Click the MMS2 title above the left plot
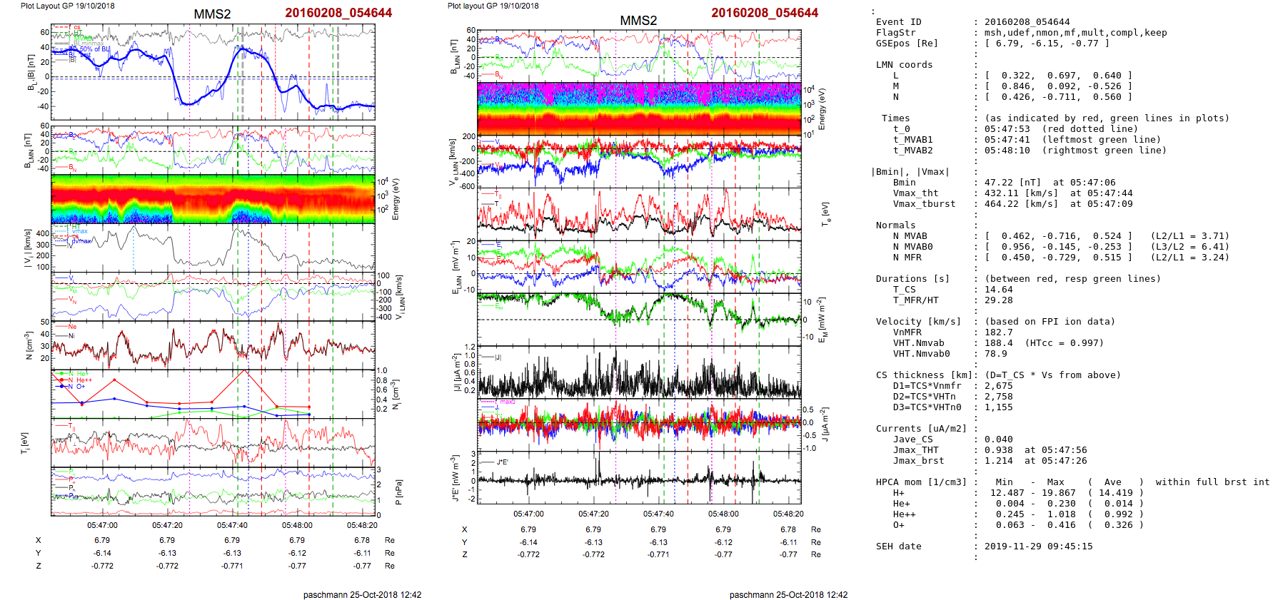tap(212, 14)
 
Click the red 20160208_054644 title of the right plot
tap(765, 13)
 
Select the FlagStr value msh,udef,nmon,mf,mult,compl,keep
tap(1075, 33)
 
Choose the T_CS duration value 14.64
tap(999, 290)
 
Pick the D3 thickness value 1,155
tap(999, 407)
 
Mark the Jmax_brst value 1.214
tap(999, 461)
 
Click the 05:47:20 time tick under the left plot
tap(167, 525)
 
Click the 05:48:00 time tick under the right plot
tap(723, 514)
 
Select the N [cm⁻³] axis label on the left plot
tap(29, 345)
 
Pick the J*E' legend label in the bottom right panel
tap(503, 462)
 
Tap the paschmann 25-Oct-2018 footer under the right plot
tap(788, 594)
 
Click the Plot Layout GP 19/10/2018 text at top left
tap(67, 6)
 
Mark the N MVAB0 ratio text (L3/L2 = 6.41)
tap(1190, 247)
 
